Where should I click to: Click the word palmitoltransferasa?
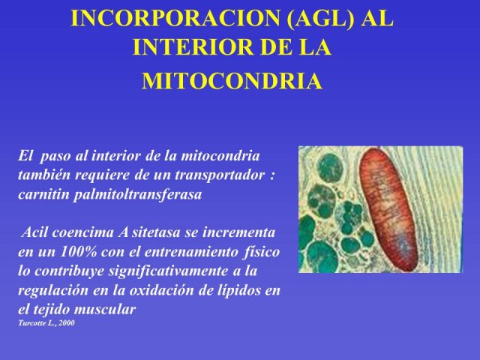coord(138,194)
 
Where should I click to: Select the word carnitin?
coord(43,194)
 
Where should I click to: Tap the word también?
coord(44,175)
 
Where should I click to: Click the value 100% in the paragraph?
coord(79,252)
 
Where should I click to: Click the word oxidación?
coord(161,290)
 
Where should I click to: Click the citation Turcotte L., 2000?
coord(46,323)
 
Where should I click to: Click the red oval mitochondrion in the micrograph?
coord(388,210)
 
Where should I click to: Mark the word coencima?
coord(83,232)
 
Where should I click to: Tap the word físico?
coord(262,252)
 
